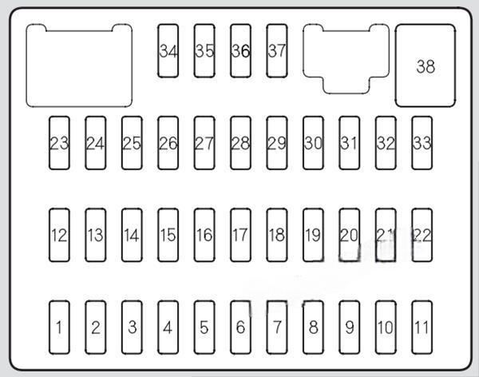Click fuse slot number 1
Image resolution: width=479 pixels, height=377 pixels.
(59, 327)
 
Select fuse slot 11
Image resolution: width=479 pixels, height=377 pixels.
(422, 327)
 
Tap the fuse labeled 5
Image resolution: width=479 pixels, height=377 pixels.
(204, 327)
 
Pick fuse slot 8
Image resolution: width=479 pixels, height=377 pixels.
(313, 327)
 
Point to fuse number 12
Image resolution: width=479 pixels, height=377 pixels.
(59, 235)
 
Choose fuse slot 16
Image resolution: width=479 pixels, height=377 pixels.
(204, 235)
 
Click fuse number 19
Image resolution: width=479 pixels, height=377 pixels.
(313, 235)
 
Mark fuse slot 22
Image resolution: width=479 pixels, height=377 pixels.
(422, 235)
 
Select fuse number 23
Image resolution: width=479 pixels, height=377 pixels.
(59, 143)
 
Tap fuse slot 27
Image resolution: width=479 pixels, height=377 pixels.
(204, 143)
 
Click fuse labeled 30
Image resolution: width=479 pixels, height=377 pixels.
(313, 143)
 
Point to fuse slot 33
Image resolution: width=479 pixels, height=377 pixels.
(422, 143)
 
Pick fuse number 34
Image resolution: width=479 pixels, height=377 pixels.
(168, 51)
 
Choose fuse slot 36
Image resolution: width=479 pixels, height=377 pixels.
(241, 51)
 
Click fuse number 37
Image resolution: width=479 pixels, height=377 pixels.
(277, 51)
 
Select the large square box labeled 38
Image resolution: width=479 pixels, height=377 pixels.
(426, 65)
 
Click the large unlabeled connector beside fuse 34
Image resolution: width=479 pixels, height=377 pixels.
(79, 65)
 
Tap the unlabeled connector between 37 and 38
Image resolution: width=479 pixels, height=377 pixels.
(346, 59)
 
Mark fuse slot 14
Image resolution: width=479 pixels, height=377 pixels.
(132, 235)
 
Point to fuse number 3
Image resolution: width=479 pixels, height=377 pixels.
(132, 327)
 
